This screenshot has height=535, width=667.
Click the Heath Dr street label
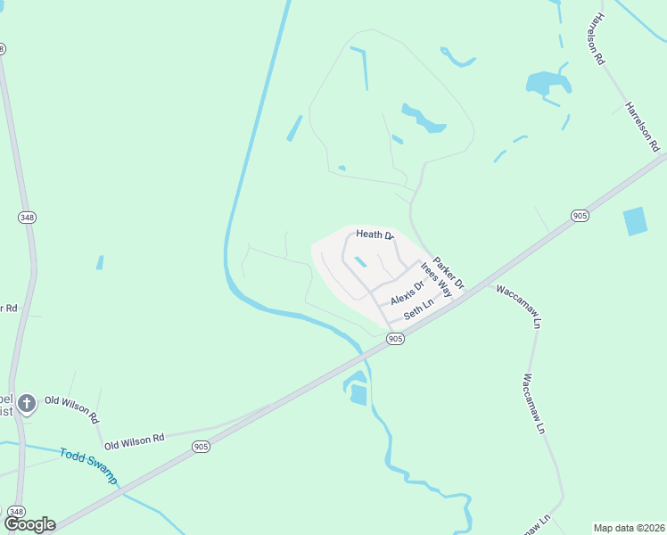pos(375,235)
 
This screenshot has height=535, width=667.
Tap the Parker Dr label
pos(449,268)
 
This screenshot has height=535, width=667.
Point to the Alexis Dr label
pos(407,292)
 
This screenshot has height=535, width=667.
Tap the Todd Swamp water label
pos(88,465)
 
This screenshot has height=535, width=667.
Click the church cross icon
pos(27,404)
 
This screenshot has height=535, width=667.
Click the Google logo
pos(29,524)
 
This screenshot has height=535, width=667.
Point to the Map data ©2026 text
pos(629,527)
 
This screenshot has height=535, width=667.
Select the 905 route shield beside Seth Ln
pos(396,339)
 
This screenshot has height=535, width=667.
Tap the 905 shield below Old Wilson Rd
pos(201,447)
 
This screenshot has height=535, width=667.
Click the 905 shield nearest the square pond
pos(580,216)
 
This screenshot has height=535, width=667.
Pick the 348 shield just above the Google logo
pos(15,510)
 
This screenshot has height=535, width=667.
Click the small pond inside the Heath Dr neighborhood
pos(361,262)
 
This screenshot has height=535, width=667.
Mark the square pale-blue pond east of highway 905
pos(635,221)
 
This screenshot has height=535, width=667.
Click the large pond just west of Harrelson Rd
pos(547,84)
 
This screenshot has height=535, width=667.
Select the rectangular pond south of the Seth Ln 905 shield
pos(358,394)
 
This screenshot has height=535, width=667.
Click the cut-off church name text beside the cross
pos(6,404)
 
